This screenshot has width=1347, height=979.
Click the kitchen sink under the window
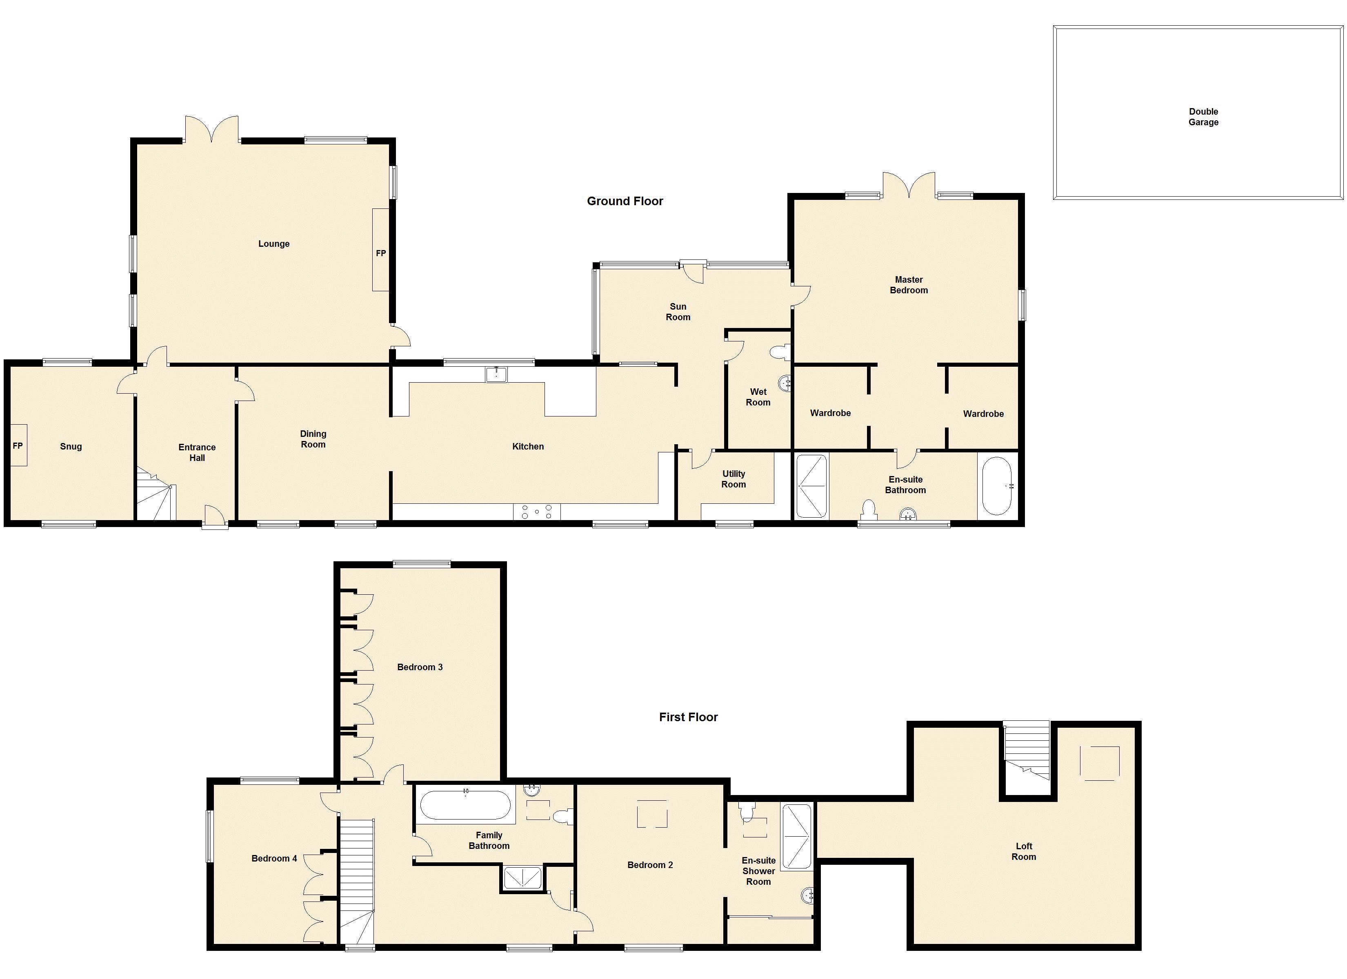(496, 374)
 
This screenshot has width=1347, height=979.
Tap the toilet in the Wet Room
(780, 353)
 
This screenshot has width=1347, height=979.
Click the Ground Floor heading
(625, 201)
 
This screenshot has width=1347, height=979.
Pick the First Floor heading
(688, 717)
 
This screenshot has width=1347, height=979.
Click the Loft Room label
(1024, 851)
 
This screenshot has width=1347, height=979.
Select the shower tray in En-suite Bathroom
(811, 486)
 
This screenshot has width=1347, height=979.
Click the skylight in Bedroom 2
(652, 814)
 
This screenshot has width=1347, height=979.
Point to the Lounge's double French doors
(211, 129)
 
